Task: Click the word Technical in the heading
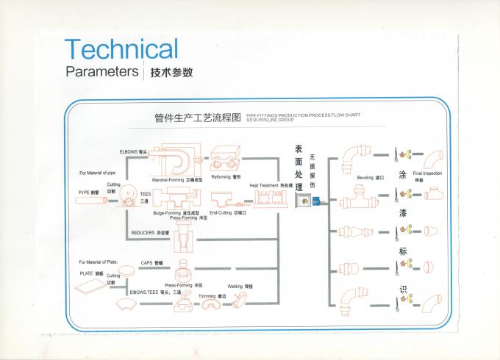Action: (121, 49)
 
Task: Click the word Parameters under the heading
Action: (102, 72)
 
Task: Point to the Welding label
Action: (236, 285)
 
